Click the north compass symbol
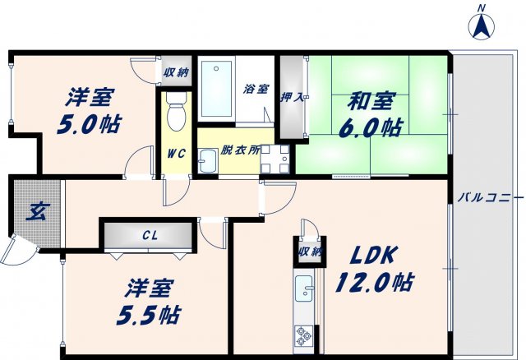(x=481, y=25)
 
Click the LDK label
(x=363, y=255)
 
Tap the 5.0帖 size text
(x=90, y=125)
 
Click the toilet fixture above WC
(x=176, y=113)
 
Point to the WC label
(x=177, y=153)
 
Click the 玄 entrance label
(x=38, y=212)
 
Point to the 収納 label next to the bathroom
(x=175, y=72)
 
